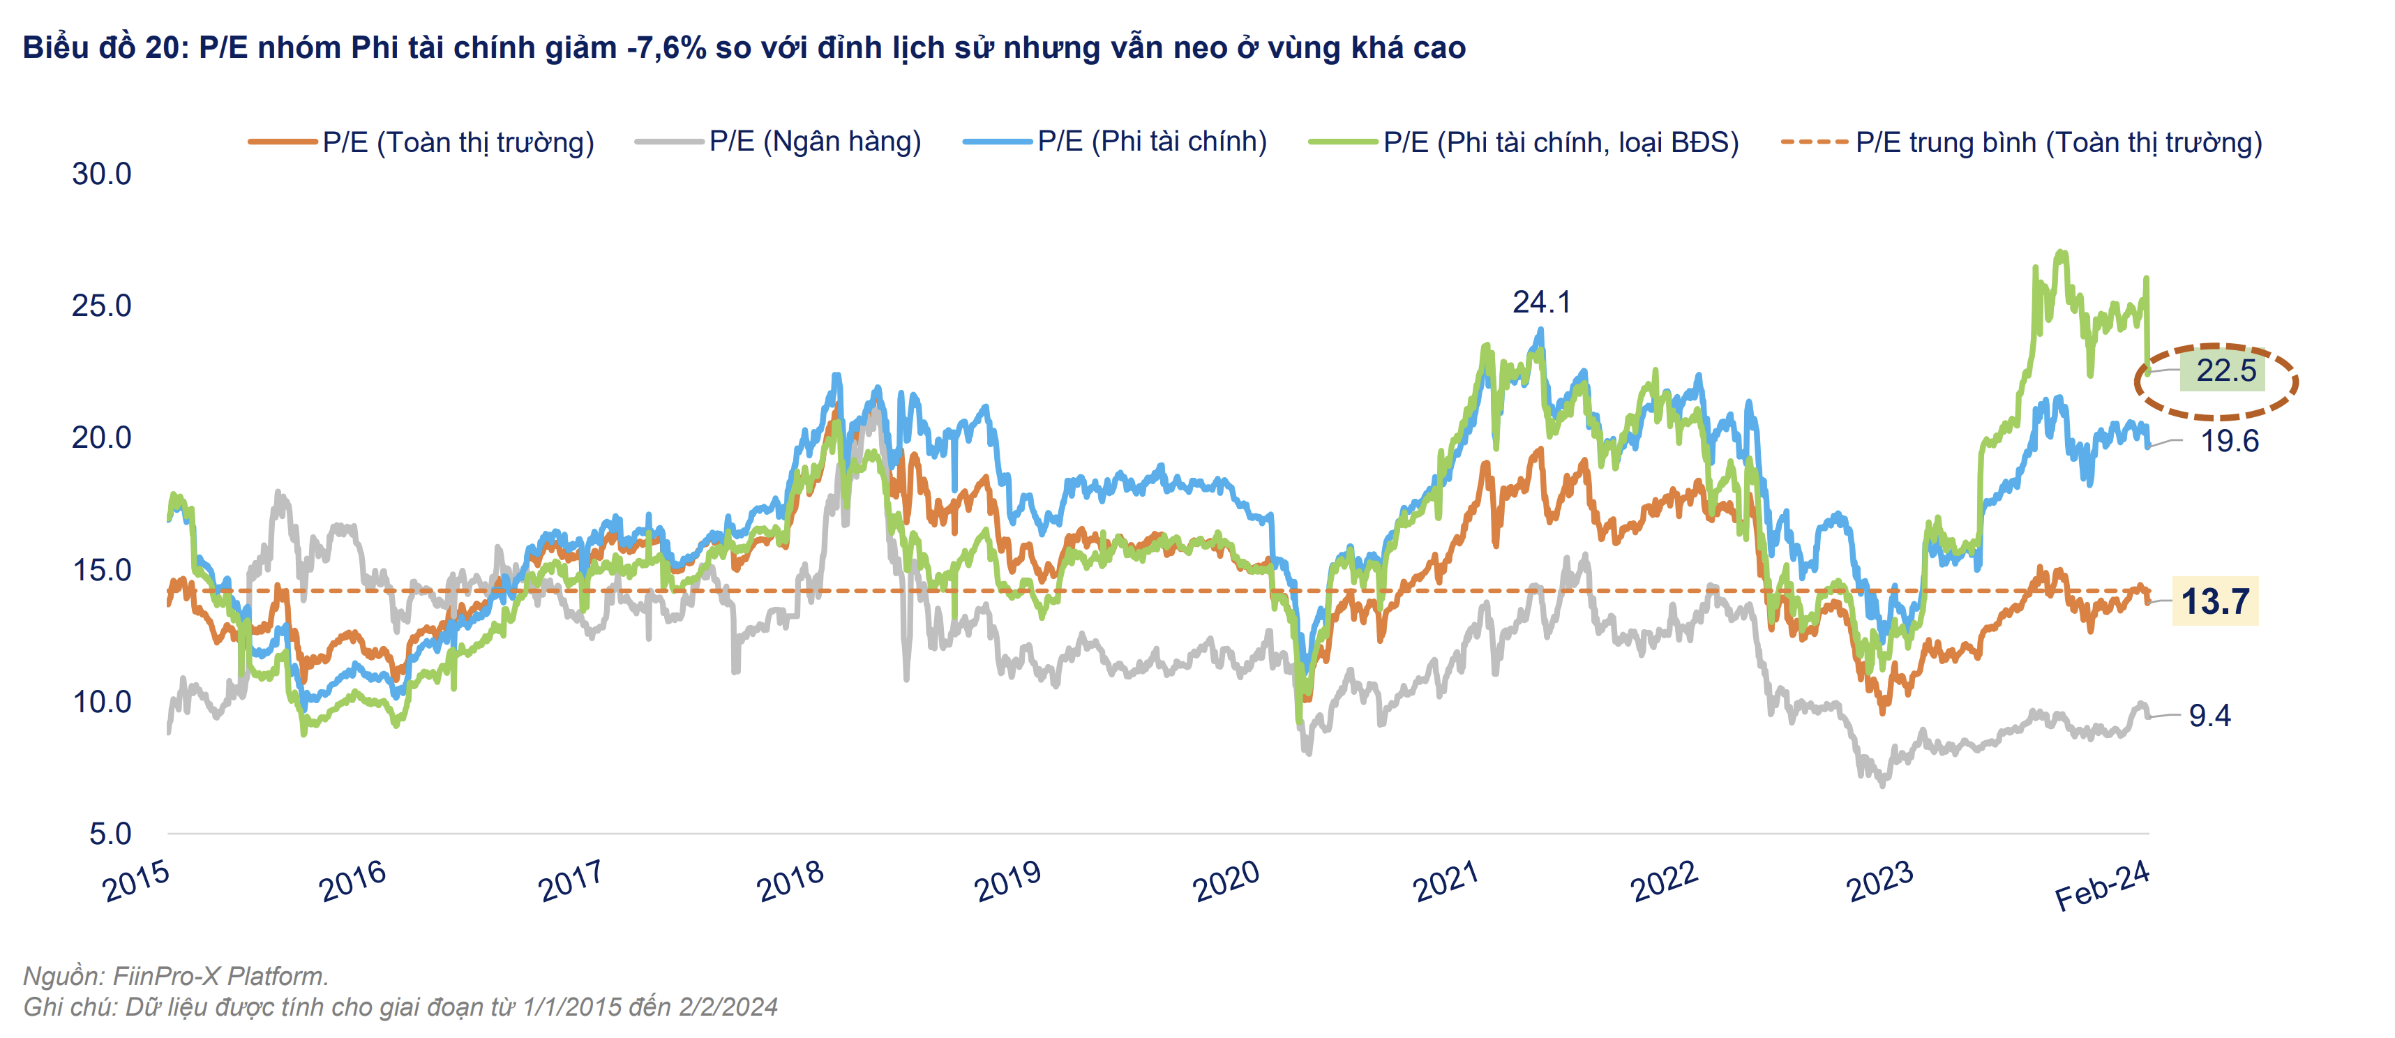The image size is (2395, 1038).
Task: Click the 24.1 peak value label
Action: (1542, 302)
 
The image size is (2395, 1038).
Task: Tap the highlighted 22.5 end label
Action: (2225, 371)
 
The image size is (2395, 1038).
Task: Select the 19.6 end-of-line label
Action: (2230, 440)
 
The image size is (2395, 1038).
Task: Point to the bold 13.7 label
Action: (2216, 601)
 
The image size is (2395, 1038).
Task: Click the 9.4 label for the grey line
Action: (2210, 716)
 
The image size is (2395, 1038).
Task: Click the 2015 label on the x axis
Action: (136, 880)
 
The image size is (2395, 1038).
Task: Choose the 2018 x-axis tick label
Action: (790, 880)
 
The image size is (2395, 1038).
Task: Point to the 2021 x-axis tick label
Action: (1446, 880)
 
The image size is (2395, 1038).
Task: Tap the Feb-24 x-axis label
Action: (2102, 886)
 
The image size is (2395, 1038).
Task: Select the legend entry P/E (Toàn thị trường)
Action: (458, 142)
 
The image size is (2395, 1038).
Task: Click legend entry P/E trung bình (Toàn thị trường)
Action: (2059, 142)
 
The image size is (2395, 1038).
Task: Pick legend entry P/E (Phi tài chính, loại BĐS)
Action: (1561, 142)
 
